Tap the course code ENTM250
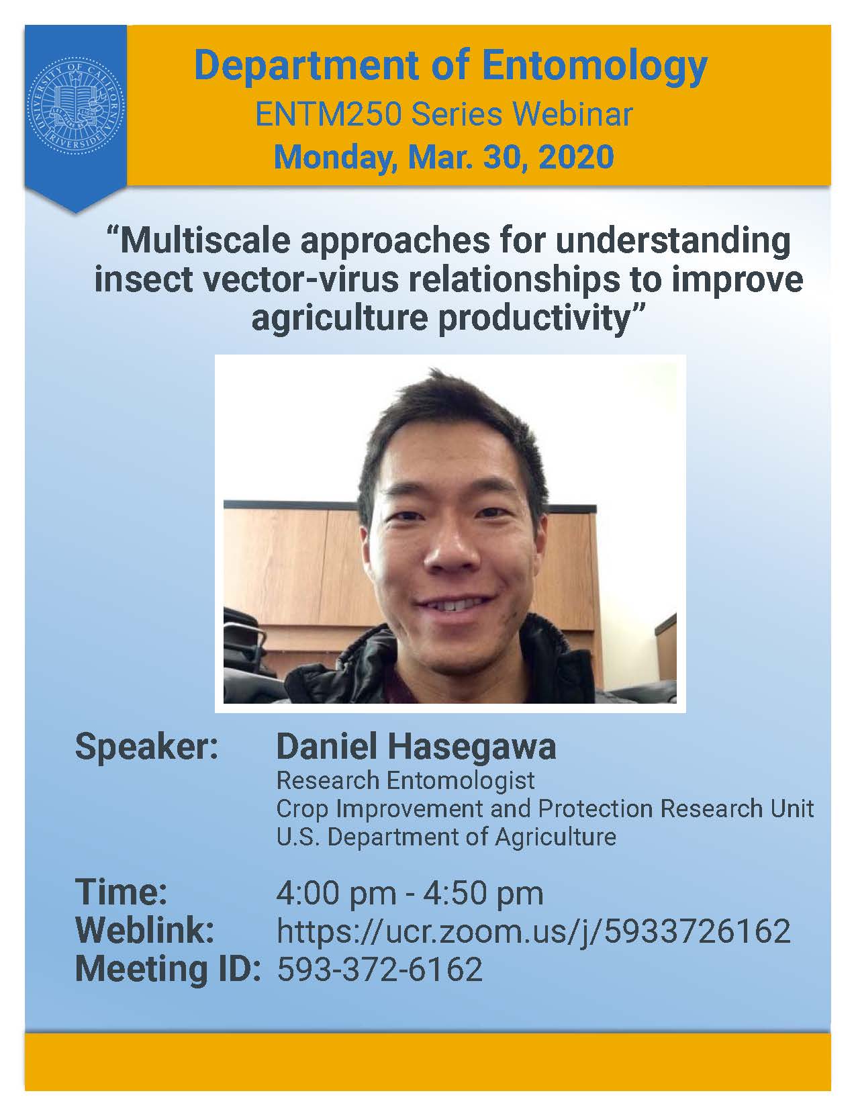[328, 115]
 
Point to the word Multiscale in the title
[204, 240]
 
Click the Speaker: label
[146, 748]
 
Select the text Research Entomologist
[406, 781]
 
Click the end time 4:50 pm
[483, 894]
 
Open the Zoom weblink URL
[534, 931]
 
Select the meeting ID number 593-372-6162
[380, 969]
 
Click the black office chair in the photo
[246, 647]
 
